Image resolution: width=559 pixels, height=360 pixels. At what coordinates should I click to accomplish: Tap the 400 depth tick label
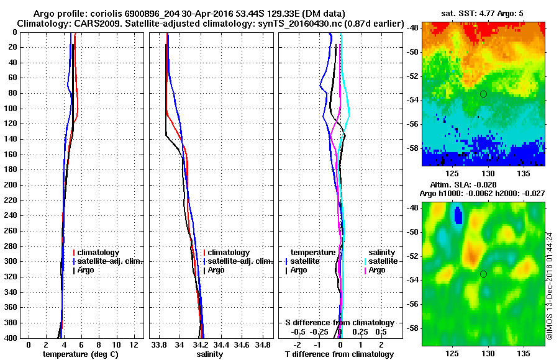point(9,338)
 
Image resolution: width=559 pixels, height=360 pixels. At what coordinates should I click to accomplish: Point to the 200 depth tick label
point(9,185)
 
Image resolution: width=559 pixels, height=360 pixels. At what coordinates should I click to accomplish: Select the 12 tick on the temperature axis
point(133,344)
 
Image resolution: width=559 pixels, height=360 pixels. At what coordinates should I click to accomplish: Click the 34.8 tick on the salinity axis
point(263,344)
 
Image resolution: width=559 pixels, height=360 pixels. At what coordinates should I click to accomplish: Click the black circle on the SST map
point(483,94)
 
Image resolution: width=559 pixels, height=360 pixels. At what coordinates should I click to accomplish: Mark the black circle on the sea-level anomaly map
point(483,274)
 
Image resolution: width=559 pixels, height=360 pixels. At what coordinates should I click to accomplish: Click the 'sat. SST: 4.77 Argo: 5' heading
point(479,14)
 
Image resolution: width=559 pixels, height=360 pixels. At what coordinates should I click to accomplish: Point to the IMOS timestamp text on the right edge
point(549,286)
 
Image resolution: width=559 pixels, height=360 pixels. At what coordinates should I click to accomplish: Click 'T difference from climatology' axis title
point(339,354)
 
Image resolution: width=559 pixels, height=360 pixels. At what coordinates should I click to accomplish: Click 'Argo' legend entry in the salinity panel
point(216,270)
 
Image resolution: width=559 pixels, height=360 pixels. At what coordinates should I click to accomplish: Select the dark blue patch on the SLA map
point(458,215)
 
